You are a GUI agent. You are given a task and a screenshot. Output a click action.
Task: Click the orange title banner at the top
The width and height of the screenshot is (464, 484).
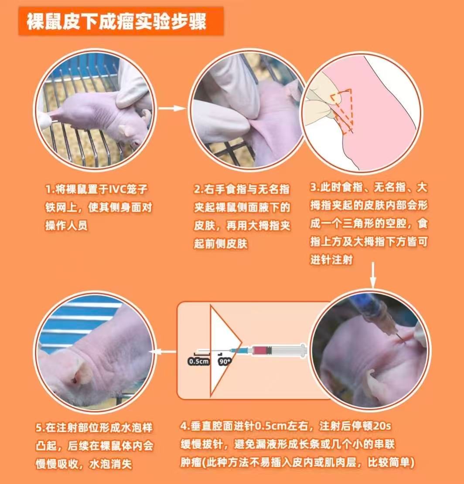coord(121,21)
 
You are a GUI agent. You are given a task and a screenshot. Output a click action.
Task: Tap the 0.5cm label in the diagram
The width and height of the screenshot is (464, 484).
coord(198,361)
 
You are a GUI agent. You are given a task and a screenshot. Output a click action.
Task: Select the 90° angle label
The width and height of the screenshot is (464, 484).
coord(225,362)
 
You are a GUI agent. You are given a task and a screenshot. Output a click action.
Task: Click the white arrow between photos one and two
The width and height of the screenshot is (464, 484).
coord(172,108)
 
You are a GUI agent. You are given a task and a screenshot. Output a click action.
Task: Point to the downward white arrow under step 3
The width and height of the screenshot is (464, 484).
coord(373,275)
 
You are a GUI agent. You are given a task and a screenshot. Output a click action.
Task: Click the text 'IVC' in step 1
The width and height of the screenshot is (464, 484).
coord(120,189)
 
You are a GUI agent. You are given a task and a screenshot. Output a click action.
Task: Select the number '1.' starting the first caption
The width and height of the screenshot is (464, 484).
coord(50,189)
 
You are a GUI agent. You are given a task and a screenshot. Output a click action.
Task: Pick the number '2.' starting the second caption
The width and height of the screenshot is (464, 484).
coord(198,189)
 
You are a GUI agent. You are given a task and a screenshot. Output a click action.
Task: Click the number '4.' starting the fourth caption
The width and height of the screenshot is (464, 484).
coord(185,426)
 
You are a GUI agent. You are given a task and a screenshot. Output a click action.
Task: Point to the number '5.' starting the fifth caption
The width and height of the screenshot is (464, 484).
coord(41,428)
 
